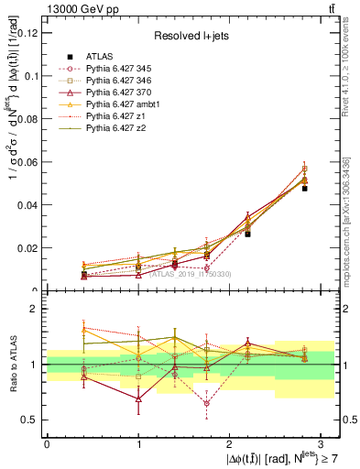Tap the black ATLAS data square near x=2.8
[x=304, y=188]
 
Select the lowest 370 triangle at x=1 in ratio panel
[x=137, y=399]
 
